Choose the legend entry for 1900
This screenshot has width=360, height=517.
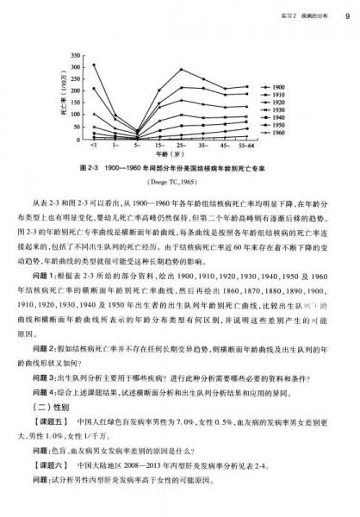[273, 87]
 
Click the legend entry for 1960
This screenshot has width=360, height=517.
[273, 134]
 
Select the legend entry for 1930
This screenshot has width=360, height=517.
[273, 110]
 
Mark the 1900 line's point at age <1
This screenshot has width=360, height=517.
[94, 65]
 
